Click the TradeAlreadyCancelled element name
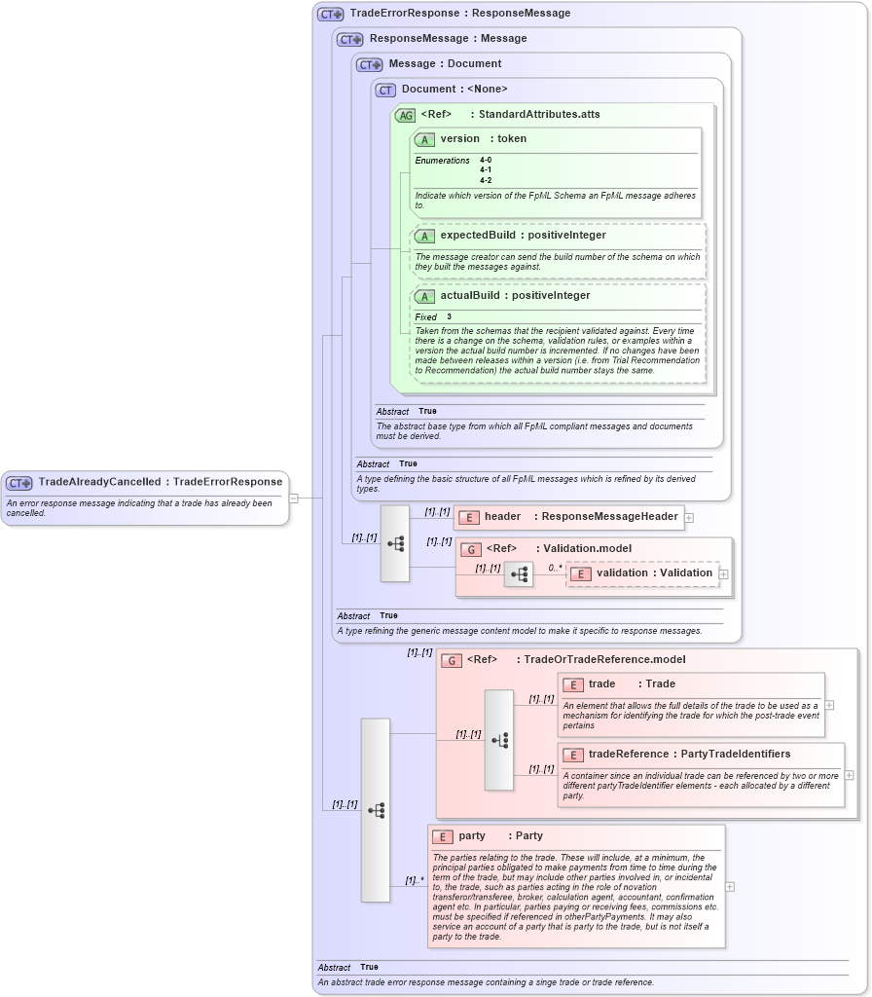(100, 482)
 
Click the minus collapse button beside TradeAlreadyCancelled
(293, 498)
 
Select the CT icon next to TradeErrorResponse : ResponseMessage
(331, 15)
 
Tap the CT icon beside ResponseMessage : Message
(350, 40)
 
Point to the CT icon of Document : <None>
(385, 91)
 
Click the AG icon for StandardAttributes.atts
(405, 115)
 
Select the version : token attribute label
(483, 139)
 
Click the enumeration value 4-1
(486, 170)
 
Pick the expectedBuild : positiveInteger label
(523, 236)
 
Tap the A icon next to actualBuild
(424, 297)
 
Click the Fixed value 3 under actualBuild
(450, 317)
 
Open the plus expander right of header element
(689, 518)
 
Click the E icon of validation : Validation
(581, 574)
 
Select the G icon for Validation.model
(471, 550)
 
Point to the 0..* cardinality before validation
(556, 568)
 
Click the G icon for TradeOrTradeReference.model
(452, 661)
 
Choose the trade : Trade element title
(631, 684)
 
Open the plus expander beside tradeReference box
(849, 775)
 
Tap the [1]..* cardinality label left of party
(415, 881)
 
